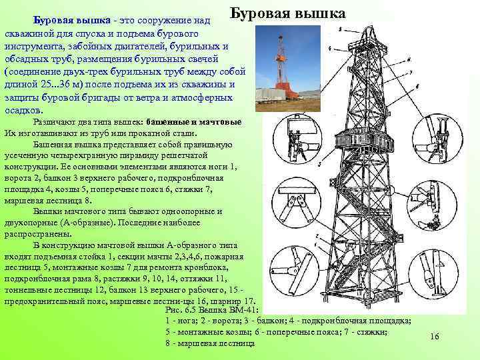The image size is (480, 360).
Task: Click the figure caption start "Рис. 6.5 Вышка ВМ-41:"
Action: pyautogui.click(x=211, y=310)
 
